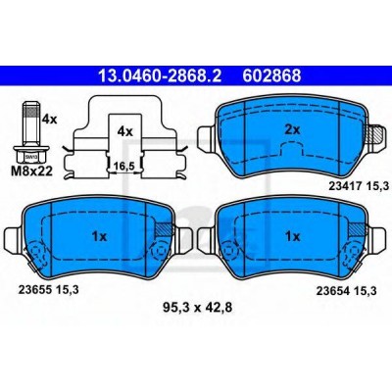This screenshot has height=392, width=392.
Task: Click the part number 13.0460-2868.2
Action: tap(160, 75)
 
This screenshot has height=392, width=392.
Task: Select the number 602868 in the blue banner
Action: tap(271, 75)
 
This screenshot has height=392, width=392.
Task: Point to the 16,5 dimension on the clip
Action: tap(125, 167)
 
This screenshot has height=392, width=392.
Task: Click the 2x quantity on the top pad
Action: tap(292, 130)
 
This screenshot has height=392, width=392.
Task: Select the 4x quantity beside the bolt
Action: tap(49, 120)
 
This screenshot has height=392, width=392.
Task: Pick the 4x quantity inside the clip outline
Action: tap(125, 131)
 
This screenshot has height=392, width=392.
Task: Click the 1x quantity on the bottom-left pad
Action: tap(99, 237)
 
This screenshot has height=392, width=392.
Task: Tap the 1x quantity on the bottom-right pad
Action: tap(292, 237)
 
